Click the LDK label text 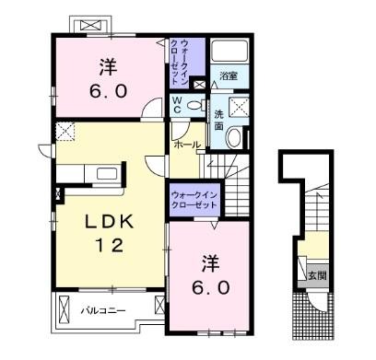pyautogui.click(x=110, y=222)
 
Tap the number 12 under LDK pyautogui.click(x=110, y=245)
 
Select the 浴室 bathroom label pyautogui.click(x=229, y=76)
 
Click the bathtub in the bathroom pyautogui.click(x=229, y=50)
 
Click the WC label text pyautogui.click(x=176, y=105)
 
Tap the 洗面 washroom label pyautogui.click(x=218, y=120)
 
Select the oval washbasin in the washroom pyautogui.click(x=234, y=138)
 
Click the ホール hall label pyautogui.click(x=187, y=145)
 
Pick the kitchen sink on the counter pyautogui.click(x=107, y=174)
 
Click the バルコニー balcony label pyautogui.click(x=103, y=311)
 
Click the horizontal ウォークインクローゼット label pyautogui.click(x=194, y=200)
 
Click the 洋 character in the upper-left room pyautogui.click(x=108, y=67)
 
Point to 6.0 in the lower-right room pyautogui.click(x=211, y=287)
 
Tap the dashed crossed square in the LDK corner pyautogui.click(x=65, y=131)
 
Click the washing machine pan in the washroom pyautogui.click(x=239, y=107)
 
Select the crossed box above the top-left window pyautogui.click(x=92, y=25)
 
